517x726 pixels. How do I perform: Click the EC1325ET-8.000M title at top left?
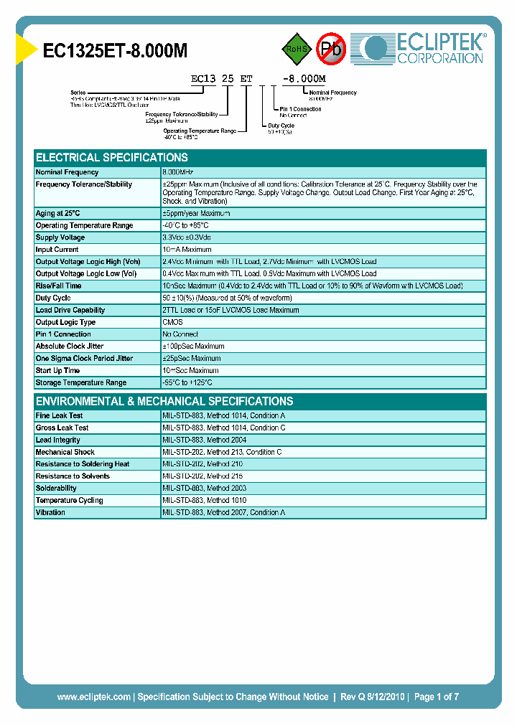pyautogui.click(x=115, y=52)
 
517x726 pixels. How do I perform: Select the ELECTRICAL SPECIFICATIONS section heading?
pyautogui.click(x=111, y=157)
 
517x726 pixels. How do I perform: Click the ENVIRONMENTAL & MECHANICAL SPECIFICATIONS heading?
pyautogui.click(x=164, y=401)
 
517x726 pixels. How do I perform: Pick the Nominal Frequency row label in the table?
pyautogui.click(x=67, y=172)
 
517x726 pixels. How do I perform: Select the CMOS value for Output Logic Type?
pyautogui.click(x=172, y=322)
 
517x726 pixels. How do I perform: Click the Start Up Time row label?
pyautogui.click(x=58, y=370)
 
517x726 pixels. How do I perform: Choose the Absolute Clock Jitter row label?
pyautogui.click(x=70, y=346)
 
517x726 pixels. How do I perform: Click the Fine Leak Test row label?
pyautogui.click(x=60, y=415)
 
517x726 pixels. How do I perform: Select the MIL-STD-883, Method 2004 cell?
pyautogui.click(x=204, y=440)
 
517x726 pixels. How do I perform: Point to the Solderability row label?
pyautogui.click(x=56, y=488)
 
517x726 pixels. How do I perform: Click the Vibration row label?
pyautogui.click(x=50, y=512)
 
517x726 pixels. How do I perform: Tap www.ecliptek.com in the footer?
pyautogui.click(x=94, y=697)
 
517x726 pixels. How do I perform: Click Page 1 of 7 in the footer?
pyautogui.click(x=436, y=697)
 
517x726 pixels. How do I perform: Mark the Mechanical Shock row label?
pyautogui.click(x=65, y=452)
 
